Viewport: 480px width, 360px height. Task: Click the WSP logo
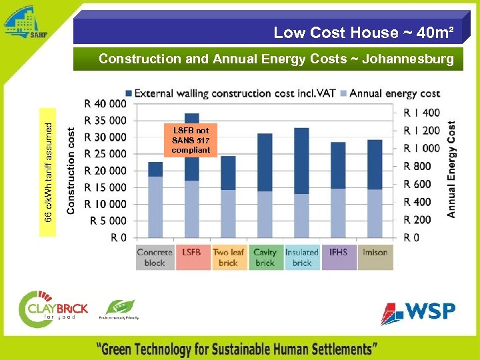tap(418, 312)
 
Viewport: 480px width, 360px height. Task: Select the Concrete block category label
tap(155, 257)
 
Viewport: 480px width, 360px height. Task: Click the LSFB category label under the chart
tap(191, 253)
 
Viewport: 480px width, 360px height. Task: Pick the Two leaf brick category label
tap(228, 257)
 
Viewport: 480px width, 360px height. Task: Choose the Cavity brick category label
tap(265, 257)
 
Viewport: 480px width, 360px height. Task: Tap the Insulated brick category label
tap(301, 257)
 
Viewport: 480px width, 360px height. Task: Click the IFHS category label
tap(338, 253)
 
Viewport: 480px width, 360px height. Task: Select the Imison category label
tap(375, 253)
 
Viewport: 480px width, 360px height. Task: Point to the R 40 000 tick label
tap(105, 104)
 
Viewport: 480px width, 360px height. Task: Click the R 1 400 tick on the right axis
tap(422, 113)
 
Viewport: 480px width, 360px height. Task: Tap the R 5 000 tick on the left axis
tap(105, 221)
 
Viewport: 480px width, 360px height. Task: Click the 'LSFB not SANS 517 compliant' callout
tap(191, 140)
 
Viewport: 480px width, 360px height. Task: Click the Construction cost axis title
tap(71, 171)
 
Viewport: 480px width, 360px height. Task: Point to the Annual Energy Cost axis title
tap(452, 169)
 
